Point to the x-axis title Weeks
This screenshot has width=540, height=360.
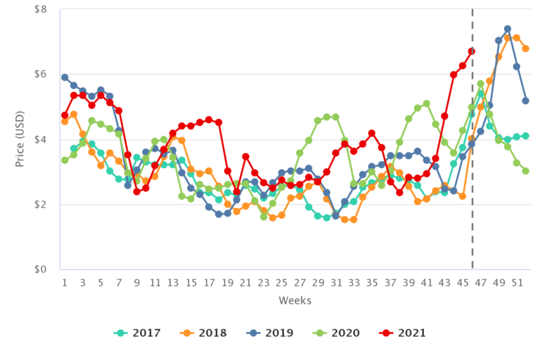coord(294,301)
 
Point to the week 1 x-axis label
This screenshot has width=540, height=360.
coord(65,283)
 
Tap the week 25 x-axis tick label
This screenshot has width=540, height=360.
coord(281,283)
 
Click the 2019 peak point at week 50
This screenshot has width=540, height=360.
coord(507,30)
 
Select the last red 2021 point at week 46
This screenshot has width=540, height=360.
coord(472,51)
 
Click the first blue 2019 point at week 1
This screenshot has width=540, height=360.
coord(65,77)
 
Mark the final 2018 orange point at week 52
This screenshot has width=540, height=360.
coord(525,49)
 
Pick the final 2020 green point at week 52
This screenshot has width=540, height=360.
coord(525,171)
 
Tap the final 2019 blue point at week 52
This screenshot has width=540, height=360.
coord(525,101)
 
